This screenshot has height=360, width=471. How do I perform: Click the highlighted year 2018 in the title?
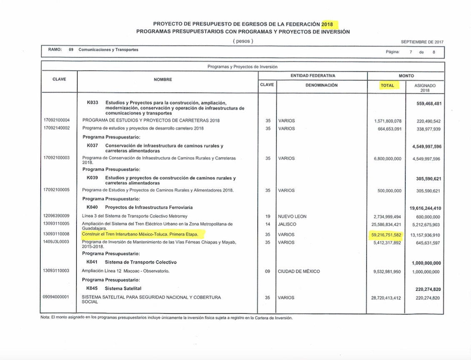pyautogui.click(x=330, y=24)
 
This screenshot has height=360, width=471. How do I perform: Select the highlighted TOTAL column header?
pyautogui.click(x=387, y=85)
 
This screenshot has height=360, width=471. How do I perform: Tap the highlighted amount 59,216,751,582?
pyautogui.click(x=386, y=235)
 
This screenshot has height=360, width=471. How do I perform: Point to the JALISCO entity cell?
pyautogui.click(x=288, y=224)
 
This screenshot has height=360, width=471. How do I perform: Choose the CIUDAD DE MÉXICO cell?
pyautogui.click(x=299, y=271)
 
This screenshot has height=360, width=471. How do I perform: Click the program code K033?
pyautogui.click(x=92, y=102)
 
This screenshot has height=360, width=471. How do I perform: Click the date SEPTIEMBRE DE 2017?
pyautogui.click(x=422, y=42)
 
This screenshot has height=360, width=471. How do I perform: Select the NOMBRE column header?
pyautogui.click(x=163, y=80)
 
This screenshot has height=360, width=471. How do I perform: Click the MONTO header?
pyautogui.click(x=406, y=76)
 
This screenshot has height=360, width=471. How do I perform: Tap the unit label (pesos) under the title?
pyautogui.click(x=243, y=41)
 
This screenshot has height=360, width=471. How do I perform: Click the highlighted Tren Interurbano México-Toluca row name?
pyautogui.click(x=140, y=235)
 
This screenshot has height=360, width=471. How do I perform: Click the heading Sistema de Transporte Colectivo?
pyautogui.click(x=140, y=262)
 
